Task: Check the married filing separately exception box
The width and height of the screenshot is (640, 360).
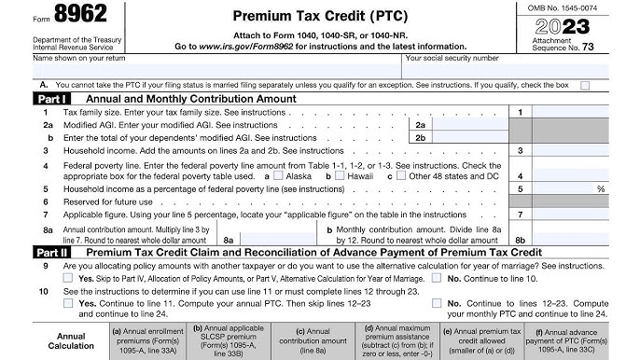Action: (x=585, y=86)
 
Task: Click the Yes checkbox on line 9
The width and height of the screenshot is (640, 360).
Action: (x=70, y=278)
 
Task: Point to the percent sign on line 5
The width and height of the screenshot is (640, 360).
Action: (x=600, y=188)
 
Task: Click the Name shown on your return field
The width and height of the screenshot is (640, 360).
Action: (x=215, y=69)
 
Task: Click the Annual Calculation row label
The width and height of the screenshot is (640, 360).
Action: (x=71, y=340)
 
